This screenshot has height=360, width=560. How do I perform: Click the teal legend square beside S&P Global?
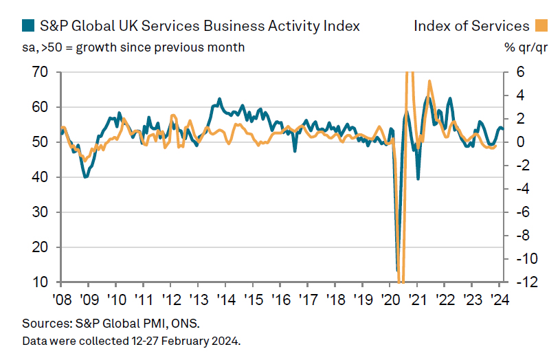click(28, 27)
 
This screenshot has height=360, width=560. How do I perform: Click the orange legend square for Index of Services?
click(541, 27)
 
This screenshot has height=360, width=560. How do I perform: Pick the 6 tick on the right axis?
click(520, 72)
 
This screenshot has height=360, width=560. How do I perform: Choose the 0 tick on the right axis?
click(520, 142)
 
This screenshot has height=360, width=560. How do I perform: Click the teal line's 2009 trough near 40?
click(85, 177)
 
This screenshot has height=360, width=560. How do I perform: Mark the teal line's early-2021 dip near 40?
click(418, 179)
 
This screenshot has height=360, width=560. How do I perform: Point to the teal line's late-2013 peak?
click(219, 99)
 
